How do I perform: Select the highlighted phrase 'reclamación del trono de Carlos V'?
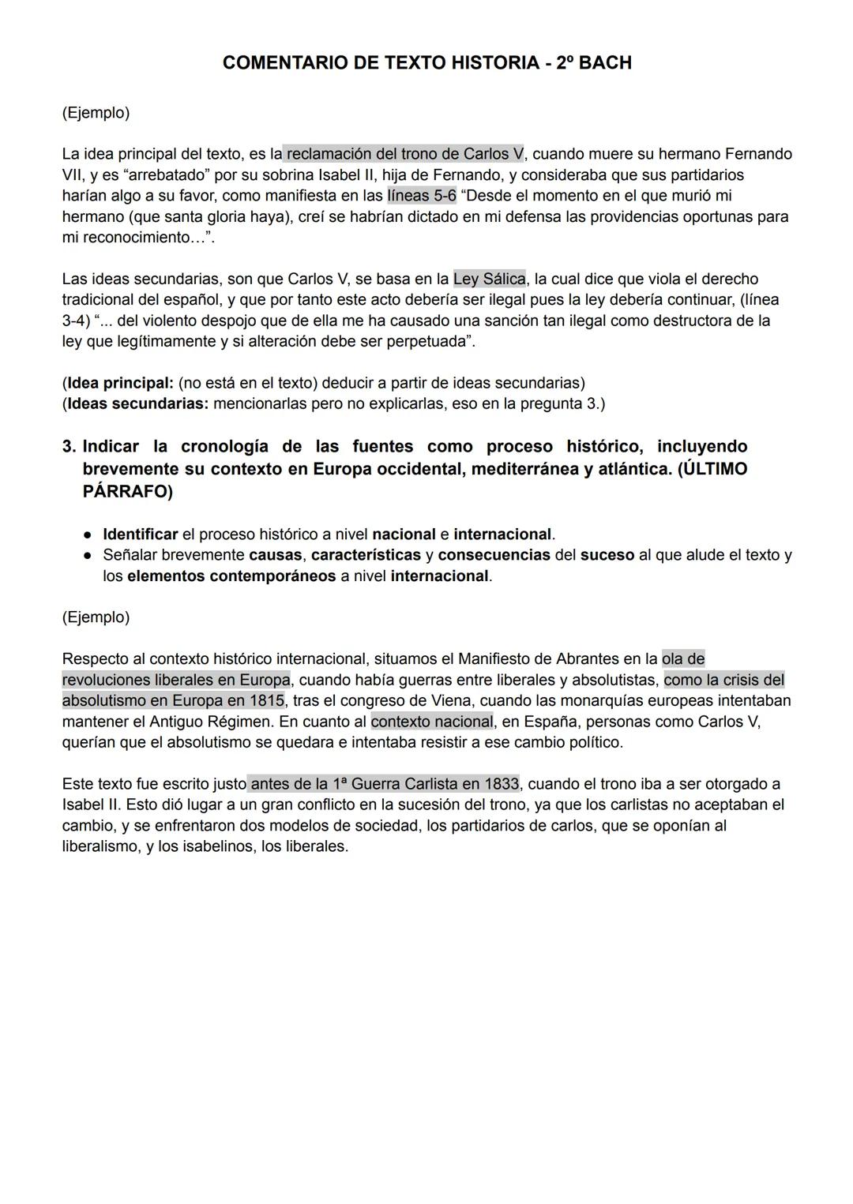point(404,154)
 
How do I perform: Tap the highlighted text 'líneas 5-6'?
point(421,196)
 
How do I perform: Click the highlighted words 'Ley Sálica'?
point(489,279)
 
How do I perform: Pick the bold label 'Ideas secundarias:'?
point(137,404)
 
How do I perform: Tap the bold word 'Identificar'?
point(140,534)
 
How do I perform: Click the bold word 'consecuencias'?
point(494,555)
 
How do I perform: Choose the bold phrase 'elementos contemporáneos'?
point(231,576)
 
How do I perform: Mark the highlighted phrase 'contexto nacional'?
point(432,722)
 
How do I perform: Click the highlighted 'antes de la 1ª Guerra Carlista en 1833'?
point(385,784)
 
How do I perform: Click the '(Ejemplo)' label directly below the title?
point(96,113)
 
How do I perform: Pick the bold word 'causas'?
point(275,555)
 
